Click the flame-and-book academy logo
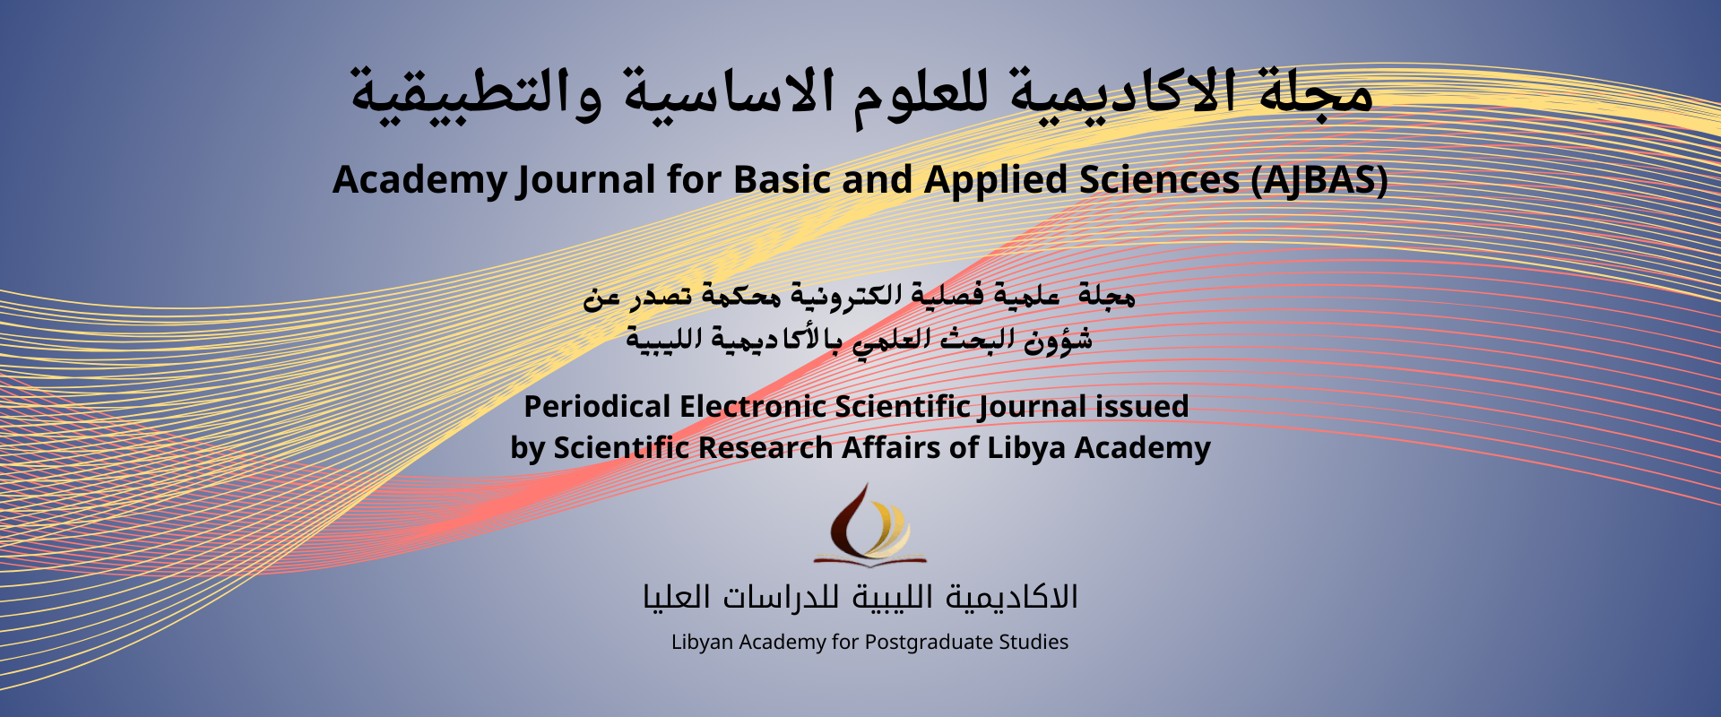coord(869,525)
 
